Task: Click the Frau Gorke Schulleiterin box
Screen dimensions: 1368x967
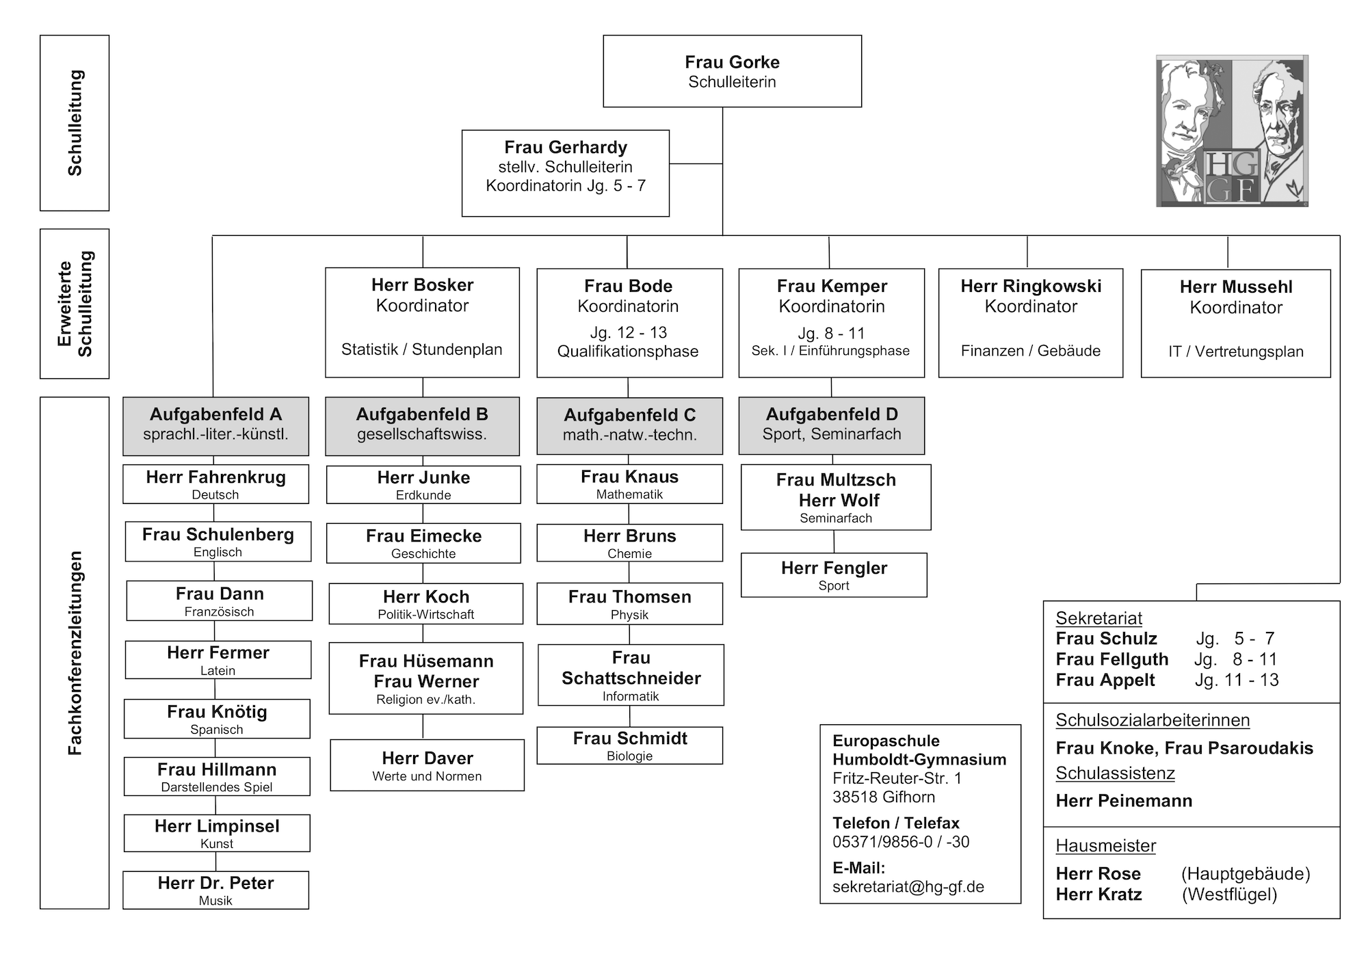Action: click(732, 71)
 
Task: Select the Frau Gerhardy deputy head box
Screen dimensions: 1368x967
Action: click(566, 173)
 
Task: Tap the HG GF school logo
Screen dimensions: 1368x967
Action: click(1232, 131)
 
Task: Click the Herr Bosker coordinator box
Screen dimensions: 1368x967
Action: click(422, 322)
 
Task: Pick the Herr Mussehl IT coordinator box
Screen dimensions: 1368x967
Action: click(1236, 323)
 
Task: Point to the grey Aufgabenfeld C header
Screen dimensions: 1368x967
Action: click(629, 426)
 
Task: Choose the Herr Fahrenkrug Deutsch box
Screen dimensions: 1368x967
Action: click(215, 484)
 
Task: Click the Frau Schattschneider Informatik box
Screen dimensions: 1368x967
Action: click(631, 675)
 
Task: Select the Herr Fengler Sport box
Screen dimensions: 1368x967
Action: click(834, 575)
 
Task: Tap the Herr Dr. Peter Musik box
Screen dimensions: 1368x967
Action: click(215, 890)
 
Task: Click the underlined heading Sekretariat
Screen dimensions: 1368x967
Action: click(1099, 618)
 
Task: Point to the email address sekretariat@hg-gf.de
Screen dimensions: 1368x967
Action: click(908, 887)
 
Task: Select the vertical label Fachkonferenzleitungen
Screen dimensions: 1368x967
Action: click(75, 653)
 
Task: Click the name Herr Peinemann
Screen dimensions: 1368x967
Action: click(1124, 801)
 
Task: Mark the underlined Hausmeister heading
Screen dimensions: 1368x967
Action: click(1105, 846)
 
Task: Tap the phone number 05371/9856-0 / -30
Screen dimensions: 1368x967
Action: click(901, 842)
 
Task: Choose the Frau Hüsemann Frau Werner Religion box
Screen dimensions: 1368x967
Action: click(426, 678)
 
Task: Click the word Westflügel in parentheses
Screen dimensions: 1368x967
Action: click(1229, 895)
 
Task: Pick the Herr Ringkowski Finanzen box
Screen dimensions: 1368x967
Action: click(1031, 323)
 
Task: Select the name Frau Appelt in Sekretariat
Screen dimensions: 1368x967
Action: click(1105, 680)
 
